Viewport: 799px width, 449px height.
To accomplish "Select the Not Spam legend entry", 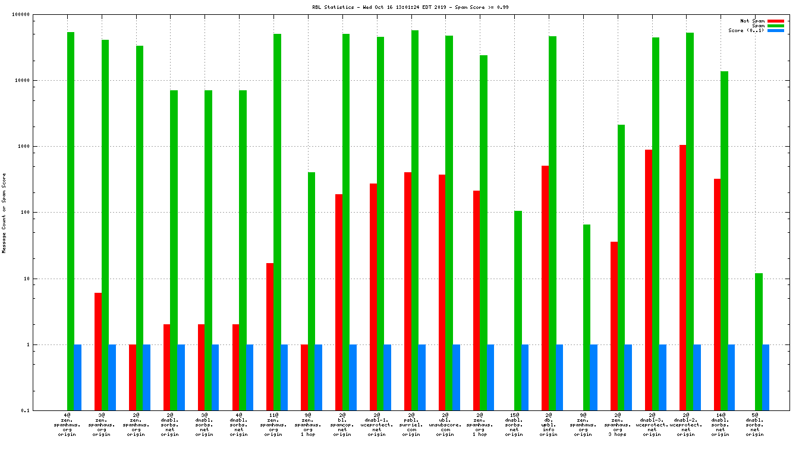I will (752, 21).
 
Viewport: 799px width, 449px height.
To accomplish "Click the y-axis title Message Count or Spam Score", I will (4, 213).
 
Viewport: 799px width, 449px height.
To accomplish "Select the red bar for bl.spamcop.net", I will (339, 302).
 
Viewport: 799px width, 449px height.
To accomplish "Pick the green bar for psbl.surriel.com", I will (415, 220).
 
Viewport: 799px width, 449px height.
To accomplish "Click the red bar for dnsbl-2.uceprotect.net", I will (683, 277).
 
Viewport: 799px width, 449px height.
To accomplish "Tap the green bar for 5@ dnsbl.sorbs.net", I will (759, 342).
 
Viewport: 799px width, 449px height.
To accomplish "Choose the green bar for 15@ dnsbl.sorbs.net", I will (518, 310).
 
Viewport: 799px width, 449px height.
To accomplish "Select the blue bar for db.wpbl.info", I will (559, 377).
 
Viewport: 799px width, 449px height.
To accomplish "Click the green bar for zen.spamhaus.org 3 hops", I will (621, 267).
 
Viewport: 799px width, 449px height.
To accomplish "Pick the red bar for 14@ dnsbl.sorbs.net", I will (718, 294).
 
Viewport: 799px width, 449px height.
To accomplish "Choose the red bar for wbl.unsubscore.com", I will (442, 292).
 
